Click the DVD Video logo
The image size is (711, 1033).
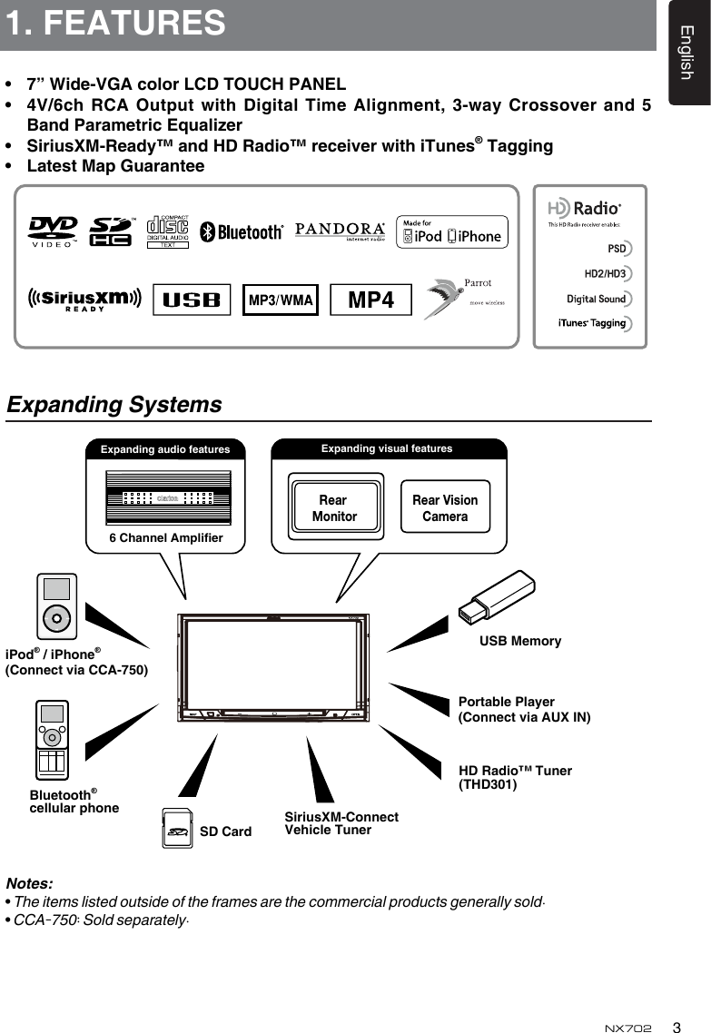point(54,231)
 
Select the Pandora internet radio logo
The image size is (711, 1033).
point(340,231)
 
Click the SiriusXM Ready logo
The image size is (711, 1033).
point(84,300)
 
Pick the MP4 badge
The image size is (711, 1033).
point(370,300)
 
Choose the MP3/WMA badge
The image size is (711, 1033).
point(281,300)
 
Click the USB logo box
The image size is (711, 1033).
point(192,300)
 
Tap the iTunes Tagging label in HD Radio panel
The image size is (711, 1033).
point(592,323)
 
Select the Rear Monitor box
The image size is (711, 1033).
point(333,507)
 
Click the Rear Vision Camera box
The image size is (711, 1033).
point(445,507)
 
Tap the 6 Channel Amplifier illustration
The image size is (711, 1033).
point(167,498)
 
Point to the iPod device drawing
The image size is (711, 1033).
point(56,607)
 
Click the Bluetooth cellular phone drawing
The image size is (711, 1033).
point(52,740)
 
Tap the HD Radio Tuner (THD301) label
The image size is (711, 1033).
point(515,777)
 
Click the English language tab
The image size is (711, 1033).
point(687,53)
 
